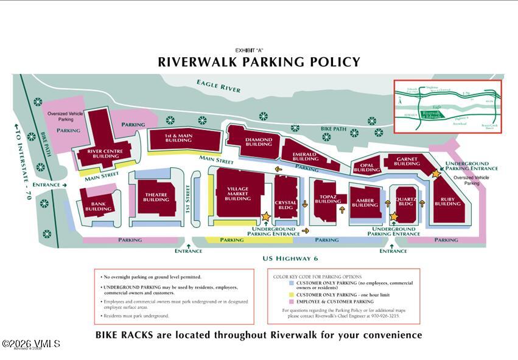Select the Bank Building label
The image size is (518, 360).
(98, 207)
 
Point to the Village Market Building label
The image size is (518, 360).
(237, 193)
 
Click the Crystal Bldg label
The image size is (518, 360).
(285, 205)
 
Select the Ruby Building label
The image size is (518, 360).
(447, 201)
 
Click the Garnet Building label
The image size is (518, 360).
(407, 161)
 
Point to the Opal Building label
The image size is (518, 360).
(366, 167)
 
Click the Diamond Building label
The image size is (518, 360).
(259, 142)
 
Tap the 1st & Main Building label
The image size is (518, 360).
(179, 138)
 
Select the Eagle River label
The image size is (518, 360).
(219, 85)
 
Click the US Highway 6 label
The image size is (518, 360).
(290, 258)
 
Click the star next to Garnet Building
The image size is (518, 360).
(436, 173)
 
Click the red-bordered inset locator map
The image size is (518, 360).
(448, 106)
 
